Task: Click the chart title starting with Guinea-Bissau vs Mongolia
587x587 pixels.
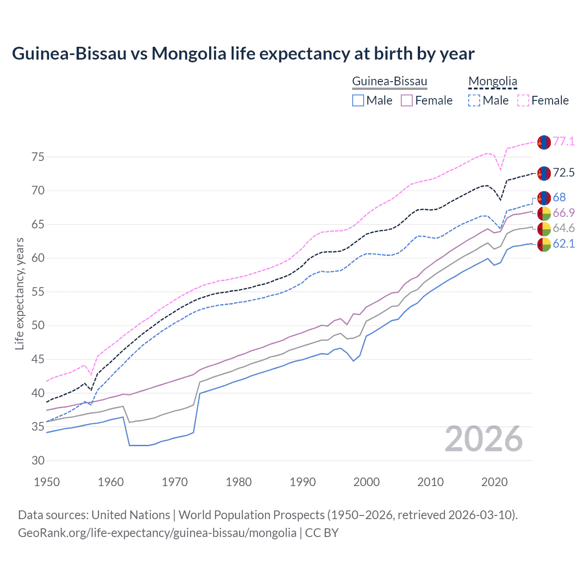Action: tap(243, 54)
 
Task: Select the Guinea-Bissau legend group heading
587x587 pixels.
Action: tap(389, 82)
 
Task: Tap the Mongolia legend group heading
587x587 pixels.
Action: tap(493, 82)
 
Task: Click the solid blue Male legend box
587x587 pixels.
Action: tap(358, 100)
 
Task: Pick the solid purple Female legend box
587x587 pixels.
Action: tap(407, 100)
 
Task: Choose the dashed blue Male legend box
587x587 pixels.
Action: tap(474, 100)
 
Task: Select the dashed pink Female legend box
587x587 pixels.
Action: tap(523, 100)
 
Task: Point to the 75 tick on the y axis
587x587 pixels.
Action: tap(38, 157)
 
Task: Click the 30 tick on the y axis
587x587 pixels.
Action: tap(38, 460)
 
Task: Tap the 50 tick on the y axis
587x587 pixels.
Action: tap(38, 326)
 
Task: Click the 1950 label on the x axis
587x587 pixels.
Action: tap(47, 482)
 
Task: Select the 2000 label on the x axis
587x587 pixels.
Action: tap(366, 482)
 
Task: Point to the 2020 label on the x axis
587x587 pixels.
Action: tap(494, 482)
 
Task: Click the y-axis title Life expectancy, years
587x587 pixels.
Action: tap(20, 293)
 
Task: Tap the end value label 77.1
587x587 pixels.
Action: tap(564, 142)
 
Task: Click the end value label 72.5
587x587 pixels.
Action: tap(564, 173)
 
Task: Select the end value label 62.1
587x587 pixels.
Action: tap(564, 244)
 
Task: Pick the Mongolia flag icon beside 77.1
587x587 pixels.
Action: tap(544, 142)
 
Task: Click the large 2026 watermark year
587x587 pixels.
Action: tap(484, 439)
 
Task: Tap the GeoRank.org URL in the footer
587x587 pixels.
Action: tap(157, 533)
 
